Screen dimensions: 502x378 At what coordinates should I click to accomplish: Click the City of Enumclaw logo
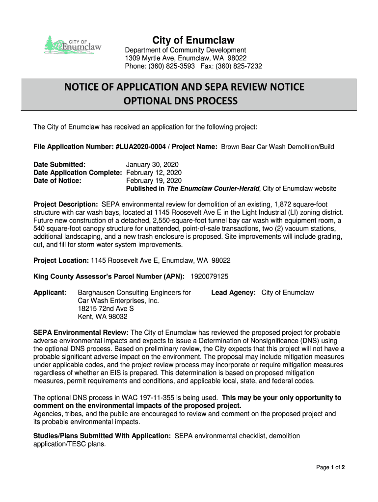(72, 45)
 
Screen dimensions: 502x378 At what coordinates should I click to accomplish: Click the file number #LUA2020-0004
(141, 147)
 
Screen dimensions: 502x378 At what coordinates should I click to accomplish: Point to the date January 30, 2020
(152, 164)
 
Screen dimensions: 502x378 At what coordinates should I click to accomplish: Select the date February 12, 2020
(154, 173)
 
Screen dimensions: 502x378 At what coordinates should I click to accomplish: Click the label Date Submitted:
(59, 164)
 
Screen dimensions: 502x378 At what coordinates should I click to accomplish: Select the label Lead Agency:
(233, 293)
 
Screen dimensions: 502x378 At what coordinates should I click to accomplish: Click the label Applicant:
(50, 293)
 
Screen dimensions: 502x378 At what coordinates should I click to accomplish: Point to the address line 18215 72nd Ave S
(106, 309)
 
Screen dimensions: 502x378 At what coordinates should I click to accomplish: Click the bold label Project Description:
(66, 204)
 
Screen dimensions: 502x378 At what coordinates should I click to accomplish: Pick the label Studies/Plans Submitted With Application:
(102, 436)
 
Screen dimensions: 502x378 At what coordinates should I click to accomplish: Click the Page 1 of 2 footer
(330, 467)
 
